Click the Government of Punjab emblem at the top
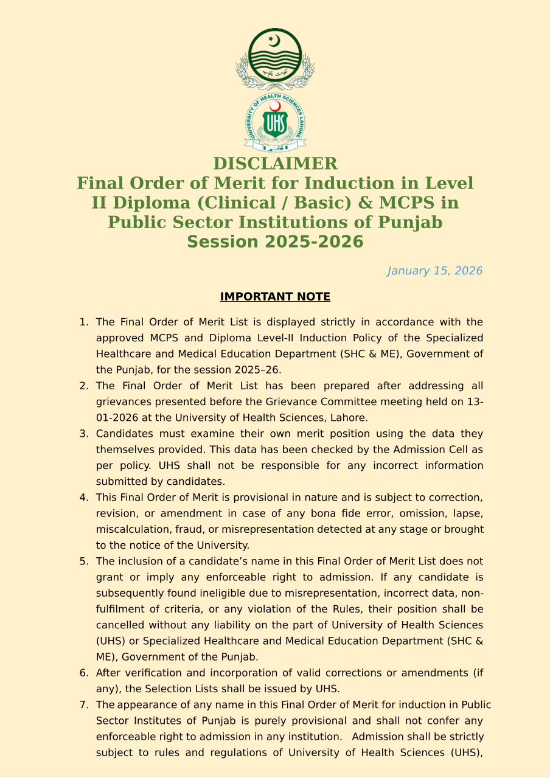[x=275, y=58]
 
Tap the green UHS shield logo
[x=275, y=123]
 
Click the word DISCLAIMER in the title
[x=275, y=164]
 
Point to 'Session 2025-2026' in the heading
[x=275, y=241]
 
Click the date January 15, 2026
[x=434, y=271]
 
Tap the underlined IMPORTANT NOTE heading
[x=275, y=297]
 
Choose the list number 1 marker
[x=84, y=322]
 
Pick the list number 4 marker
[x=84, y=498]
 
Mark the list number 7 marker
[x=84, y=705]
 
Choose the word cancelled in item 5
[x=120, y=625]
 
